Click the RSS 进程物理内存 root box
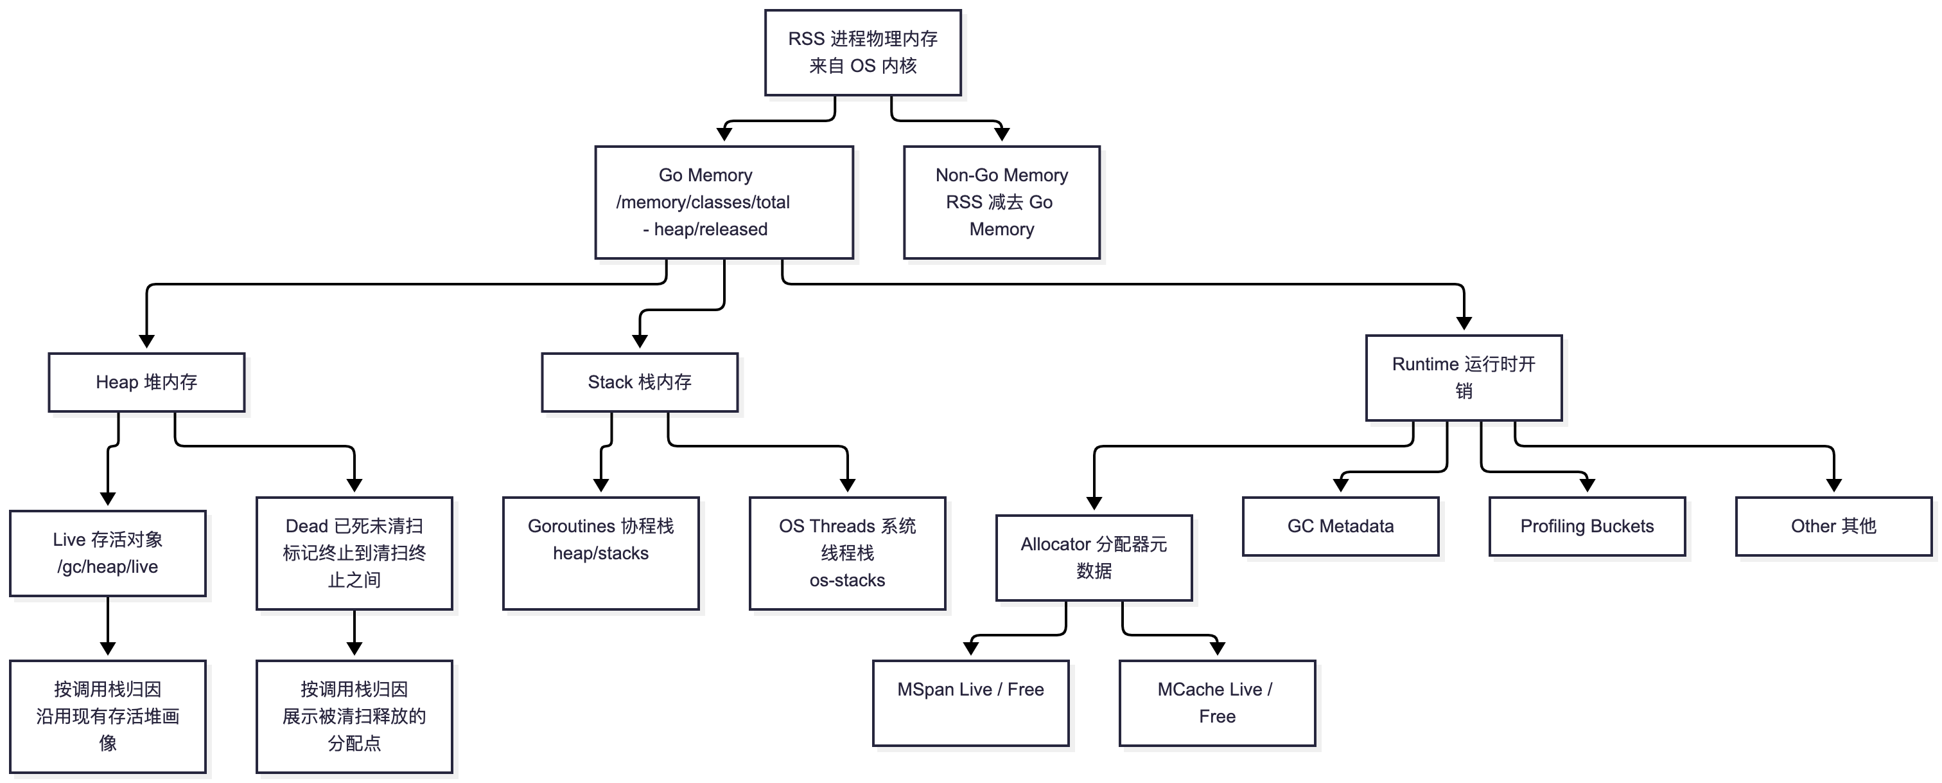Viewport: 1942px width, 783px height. point(862,53)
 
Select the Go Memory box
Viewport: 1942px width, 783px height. point(724,202)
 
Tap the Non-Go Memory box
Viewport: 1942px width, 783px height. point(1001,202)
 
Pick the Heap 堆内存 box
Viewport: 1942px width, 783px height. point(146,382)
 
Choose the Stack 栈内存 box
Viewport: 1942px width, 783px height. point(639,382)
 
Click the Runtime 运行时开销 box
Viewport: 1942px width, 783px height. point(1464,378)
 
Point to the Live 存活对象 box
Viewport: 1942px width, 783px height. point(108,553)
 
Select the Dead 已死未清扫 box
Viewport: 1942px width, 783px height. point(354,553)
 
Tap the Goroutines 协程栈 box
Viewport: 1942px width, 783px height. point(601,553)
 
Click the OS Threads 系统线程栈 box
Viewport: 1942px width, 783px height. point(847,553)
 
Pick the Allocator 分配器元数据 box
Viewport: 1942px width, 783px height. point(1094,557)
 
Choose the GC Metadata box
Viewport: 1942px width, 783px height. point(1340,526)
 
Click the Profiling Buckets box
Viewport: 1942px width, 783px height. point(1587,526)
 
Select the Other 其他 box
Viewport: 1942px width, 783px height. point(1833,526)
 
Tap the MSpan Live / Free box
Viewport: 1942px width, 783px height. point(970,703)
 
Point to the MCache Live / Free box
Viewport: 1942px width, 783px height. point(1217,703)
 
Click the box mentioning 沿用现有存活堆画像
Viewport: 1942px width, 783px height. point(108,717)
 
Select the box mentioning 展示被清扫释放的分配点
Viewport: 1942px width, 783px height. point(354,717)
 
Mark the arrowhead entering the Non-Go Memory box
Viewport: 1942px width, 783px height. point(1001,134)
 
